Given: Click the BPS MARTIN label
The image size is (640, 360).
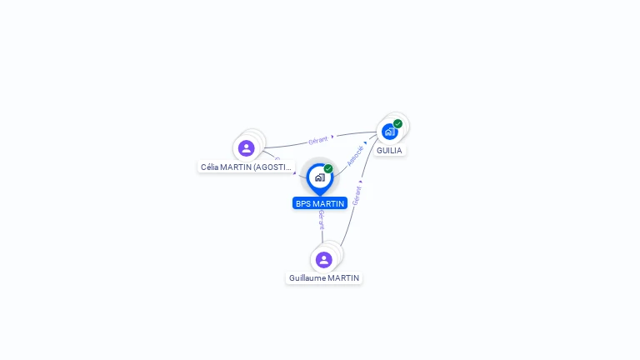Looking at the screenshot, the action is (320, 203).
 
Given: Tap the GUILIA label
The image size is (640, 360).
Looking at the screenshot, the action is (389, 151).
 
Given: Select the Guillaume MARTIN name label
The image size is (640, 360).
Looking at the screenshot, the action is (324, 277).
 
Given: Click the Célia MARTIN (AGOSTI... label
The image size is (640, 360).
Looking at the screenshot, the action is (247, 167).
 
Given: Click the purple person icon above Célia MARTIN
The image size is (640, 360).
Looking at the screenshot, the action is (246, 148).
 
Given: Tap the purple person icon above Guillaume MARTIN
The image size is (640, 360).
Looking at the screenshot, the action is (324, 260).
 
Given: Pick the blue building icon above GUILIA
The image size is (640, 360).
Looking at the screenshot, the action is (389, 132).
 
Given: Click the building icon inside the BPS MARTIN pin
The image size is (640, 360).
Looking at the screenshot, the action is (319, 177).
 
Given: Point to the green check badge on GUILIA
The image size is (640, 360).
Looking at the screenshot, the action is (398, 124).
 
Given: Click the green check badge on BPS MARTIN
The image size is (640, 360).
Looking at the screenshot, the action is (328, 169).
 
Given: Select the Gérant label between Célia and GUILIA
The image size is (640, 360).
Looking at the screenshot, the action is (317, 140).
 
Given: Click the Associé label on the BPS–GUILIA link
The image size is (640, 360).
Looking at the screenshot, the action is (355, 156).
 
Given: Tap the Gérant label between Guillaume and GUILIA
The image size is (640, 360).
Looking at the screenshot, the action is (357, 196).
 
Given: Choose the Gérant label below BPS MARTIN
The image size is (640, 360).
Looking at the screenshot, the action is (322, 218).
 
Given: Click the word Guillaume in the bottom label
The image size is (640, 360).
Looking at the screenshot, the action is (307, 277).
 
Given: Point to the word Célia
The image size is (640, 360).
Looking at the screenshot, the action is (212, 167).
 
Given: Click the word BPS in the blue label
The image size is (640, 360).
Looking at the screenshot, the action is (303, 203).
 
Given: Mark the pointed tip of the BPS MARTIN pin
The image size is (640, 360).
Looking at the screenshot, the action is (319, 195).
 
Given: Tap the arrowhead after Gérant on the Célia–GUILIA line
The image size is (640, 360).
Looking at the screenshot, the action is (332, 137).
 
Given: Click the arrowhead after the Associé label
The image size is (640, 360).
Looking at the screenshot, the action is (365, 143).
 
